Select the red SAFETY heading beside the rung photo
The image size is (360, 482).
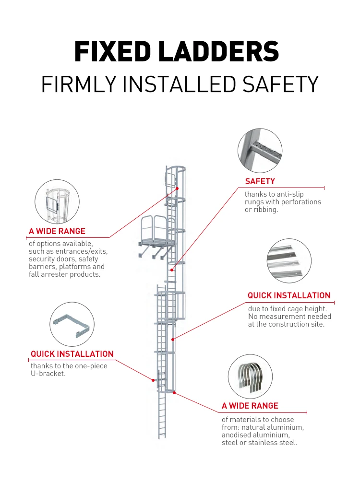pos(260,181)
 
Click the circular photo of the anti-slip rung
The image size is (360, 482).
pos(260,150)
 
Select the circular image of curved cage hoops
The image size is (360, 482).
pos(250,377)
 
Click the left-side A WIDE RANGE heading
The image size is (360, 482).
pos(57,232)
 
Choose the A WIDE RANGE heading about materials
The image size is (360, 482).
pos(250,406)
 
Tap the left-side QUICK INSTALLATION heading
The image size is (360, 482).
pos(72,354)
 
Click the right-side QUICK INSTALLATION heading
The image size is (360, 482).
pos(289,295)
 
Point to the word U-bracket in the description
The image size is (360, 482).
pos(48,374)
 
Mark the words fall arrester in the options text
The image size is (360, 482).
pos(47,274)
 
